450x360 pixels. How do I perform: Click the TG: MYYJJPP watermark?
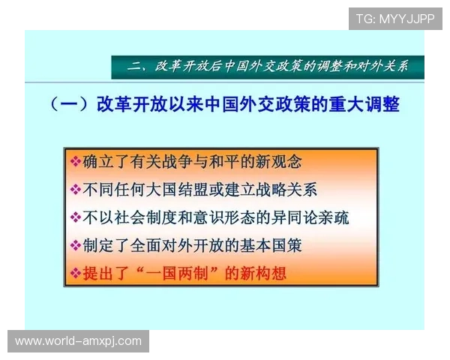[x=395, y=18]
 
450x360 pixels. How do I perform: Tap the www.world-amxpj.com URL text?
[x=78, y=341]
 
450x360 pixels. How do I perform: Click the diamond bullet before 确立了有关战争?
[x=75, y=161]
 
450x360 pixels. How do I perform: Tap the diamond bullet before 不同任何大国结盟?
[x=75, y=189]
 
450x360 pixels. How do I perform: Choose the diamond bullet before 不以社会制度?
[x=75, y=217]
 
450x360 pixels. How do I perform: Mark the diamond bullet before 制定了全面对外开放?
[x=75, y=245]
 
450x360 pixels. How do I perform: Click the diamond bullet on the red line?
[x=75, y=274]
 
